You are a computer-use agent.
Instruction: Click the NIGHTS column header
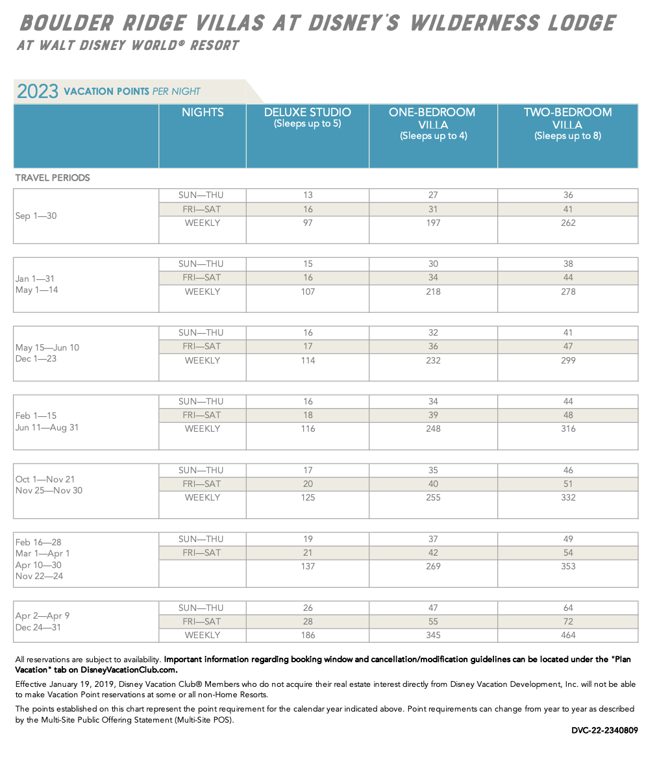coord(203,112)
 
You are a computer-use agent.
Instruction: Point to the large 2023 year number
coord(38,92)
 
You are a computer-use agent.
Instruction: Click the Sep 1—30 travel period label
coord(36,216)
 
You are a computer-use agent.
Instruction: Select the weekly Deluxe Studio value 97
coord(308,223)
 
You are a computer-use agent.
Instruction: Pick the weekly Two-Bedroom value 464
coord(568,636)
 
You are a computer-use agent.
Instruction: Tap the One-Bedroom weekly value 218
coord(433,292)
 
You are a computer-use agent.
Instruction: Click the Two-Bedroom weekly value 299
coord(568,360)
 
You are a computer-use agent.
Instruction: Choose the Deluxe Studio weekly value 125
coord(308,497)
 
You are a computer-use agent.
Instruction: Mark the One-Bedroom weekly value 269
coord(433,566)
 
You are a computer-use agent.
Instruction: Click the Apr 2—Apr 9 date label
coord(42,616)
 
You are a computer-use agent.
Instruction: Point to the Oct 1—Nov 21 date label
coord(45,479)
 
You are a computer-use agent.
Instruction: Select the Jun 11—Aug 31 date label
coord(47,428)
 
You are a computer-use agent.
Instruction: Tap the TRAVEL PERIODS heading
coord(53,178)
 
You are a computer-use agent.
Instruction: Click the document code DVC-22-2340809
coord(604,730)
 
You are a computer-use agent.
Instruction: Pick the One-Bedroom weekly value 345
coord(433,636)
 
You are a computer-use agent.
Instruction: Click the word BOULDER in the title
coord(67,23)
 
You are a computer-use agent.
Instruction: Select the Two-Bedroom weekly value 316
coord(568,428)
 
